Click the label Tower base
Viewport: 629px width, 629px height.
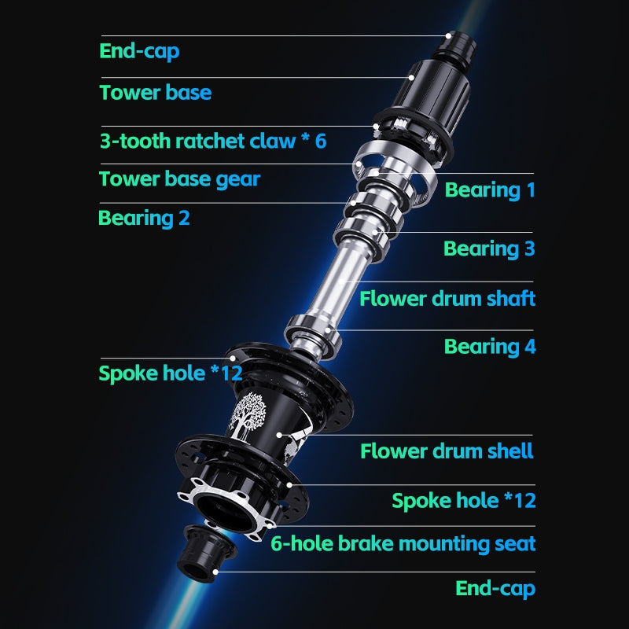click(155, 93)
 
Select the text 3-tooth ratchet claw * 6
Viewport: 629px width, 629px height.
click(212, 141)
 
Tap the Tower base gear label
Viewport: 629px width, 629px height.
click(179, 179)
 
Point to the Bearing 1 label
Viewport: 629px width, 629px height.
click(490, 189)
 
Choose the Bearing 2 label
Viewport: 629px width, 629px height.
click(144, 218)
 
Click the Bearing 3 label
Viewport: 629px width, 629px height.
click(489, 249)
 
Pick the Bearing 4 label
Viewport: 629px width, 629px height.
click(489, 347)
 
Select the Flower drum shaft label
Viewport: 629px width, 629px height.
click(447, 299)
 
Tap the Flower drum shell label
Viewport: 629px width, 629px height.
click(447, 451)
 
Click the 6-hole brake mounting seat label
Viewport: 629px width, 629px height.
click(403, 543)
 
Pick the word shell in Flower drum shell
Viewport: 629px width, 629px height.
click(511, 451)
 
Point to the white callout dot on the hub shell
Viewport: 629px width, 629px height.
click(278, 432)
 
